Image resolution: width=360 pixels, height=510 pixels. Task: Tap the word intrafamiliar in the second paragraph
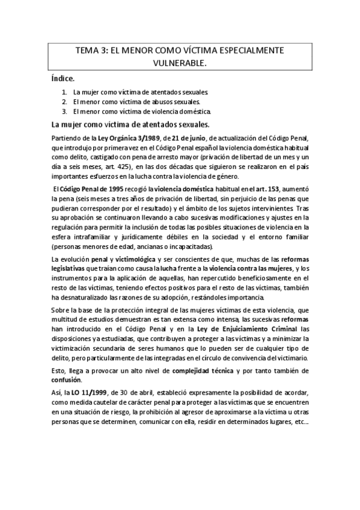(88, 236)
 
